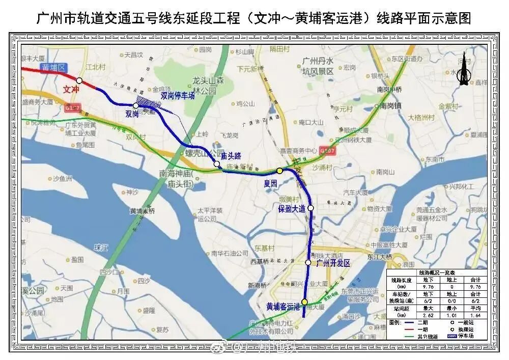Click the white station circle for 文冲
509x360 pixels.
coord(79,80)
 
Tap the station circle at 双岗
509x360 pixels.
coord(136,105)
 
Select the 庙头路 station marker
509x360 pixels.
coord(217,164)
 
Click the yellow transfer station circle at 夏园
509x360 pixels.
coord(279,171)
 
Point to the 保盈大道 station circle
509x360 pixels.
coord(310,208)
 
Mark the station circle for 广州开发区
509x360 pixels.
coord(308,262)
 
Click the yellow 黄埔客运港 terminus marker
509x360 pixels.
coord(304,302)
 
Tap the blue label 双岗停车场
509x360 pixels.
coord(178,95)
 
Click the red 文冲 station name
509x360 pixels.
coord(72,89)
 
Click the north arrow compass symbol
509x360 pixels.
coord(464,71)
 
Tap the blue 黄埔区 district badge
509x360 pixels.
coord(54,67)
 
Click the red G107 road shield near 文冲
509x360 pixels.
coord(72,107)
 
